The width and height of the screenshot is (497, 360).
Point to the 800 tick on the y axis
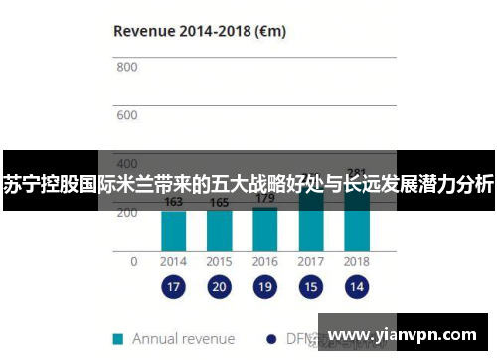click(x=126, y=68)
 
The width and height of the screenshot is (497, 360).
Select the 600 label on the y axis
click(x=126, y=115)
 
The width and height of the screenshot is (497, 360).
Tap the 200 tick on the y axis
click(x=126, y=212)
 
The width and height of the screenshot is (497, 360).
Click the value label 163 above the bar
click(x=173, y=203)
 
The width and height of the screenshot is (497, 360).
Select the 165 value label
click(x=219, y=203)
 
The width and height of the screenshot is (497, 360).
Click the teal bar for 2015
click(x=219, y=230)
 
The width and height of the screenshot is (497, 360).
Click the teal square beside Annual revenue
click(x=118, y=338)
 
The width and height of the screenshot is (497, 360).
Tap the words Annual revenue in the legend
click(x=184, y=338)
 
